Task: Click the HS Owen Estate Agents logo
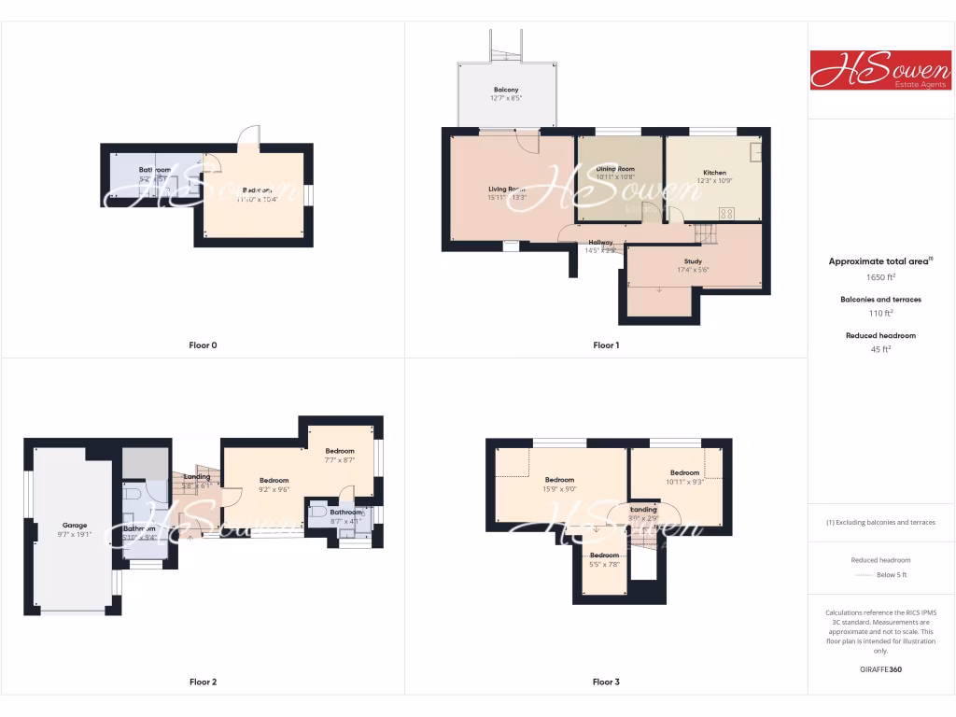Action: pyautogui.click(x=880, y=70)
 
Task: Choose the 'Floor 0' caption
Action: pyautogui.click(x=203, y=345)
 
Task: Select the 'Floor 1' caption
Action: pyautogui.click(x=606, y=345)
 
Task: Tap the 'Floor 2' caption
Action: pyautogui.click(x=203, y=682)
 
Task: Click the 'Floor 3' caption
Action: pyautogui.click(x=606, y=682)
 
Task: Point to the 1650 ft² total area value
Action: pyautogui.click(x=881, y=277)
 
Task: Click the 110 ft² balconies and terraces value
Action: pyautogui.click(x=881, y=314)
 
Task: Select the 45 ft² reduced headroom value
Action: pyautogui.click(x=881, y=349)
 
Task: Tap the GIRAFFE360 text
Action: pyautogui.click(x=881, y=669)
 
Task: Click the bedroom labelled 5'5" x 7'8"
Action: pyautogui.click(x=604, y=559)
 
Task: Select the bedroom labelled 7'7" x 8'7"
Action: pyautogui.click(x=340, y=455)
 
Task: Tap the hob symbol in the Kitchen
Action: pyautogui.click(x=725, y=211)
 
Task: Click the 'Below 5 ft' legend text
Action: pyautogui.click(x=892, y=575)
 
